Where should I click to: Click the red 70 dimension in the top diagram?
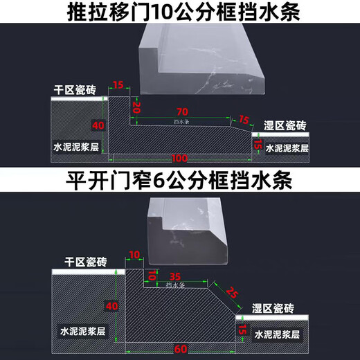[182, 112]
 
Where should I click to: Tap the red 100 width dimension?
[179, 159]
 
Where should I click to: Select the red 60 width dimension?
[181, 349]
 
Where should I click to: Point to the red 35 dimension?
[175, 276]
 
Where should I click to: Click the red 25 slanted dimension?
[232, 292]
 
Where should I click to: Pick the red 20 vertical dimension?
[136, 107]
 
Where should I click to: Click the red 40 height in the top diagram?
[98, 125]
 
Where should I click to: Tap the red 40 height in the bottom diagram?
[112, 306]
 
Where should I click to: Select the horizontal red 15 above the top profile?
[118, 85]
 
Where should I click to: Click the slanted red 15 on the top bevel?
[244, 120]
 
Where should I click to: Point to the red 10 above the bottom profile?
[134, 255]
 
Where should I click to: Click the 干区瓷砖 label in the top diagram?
[75, 90]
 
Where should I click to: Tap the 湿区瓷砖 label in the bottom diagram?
[273, 308]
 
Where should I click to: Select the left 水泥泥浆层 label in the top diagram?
[76, 147]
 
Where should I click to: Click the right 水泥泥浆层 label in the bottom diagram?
[277, 334]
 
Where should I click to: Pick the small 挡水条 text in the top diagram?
[181, 121]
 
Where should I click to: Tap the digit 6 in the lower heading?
[159, 181]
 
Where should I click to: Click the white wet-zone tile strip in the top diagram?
[280, 134]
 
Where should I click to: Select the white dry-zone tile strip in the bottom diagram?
[89, 272]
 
